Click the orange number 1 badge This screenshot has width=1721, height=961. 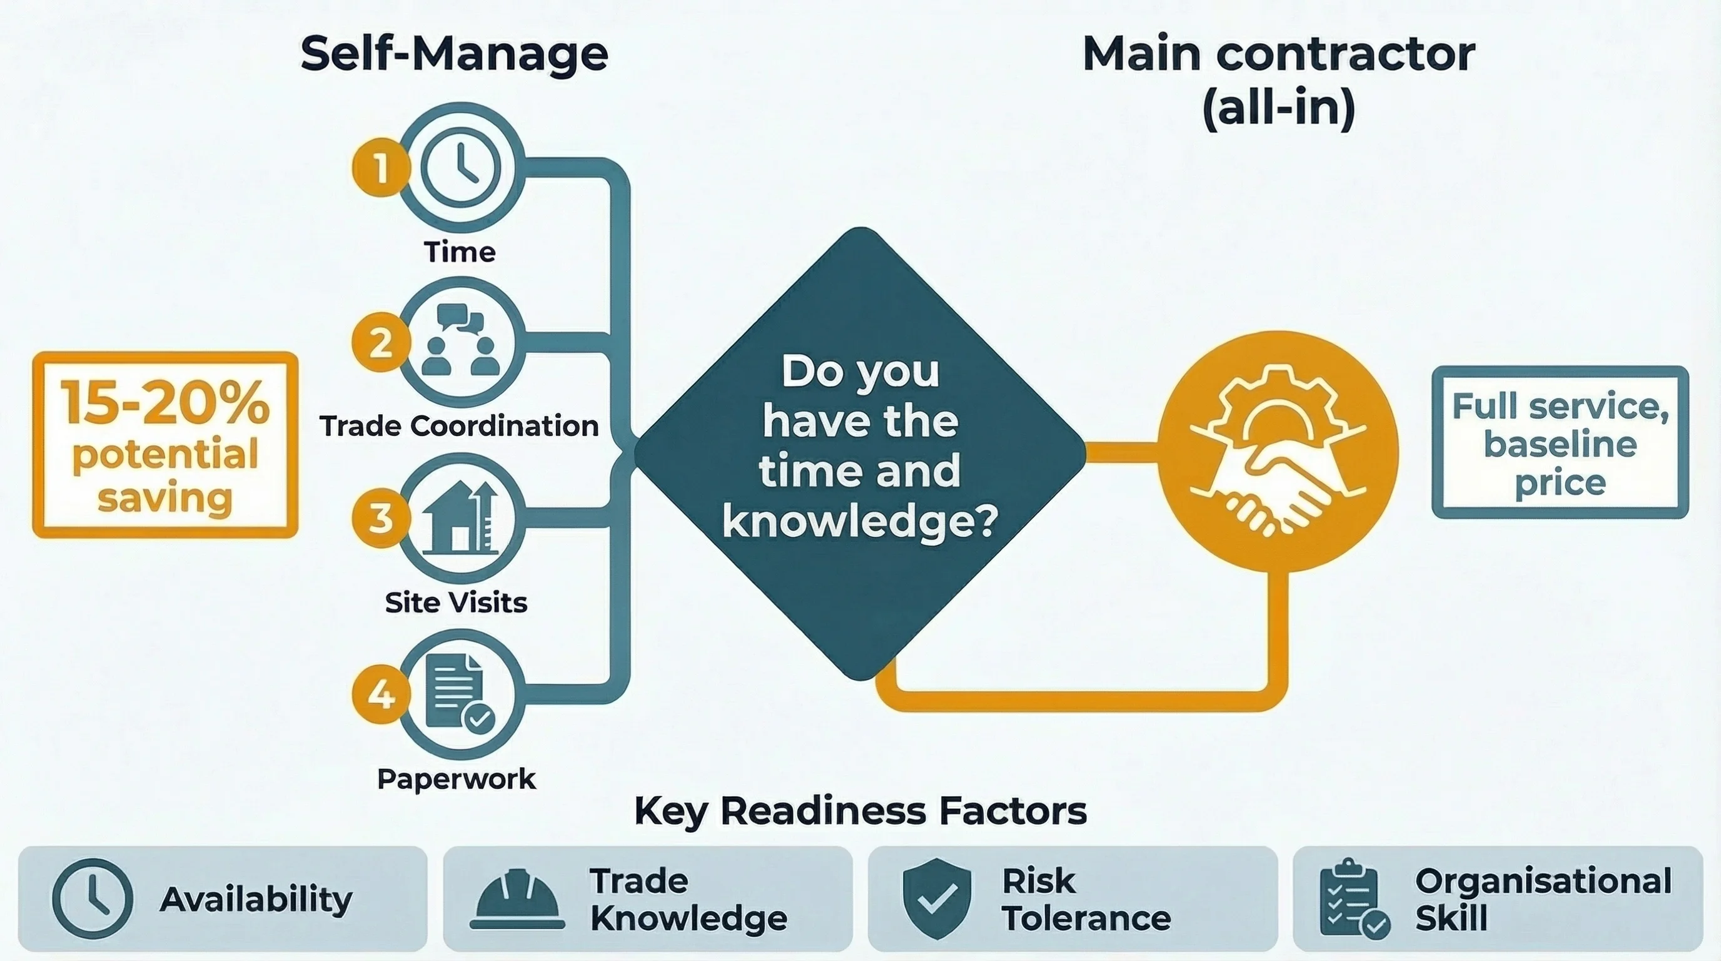[x=381, y=167]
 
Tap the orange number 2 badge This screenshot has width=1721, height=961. [x=381, y=343]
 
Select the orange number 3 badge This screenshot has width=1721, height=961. [x=381, y=518]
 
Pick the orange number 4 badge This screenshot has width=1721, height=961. [x=381, y=694]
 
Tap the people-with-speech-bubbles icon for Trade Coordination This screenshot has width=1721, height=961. [x=461, y=341]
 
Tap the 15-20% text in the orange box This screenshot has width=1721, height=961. [x=165, y=403]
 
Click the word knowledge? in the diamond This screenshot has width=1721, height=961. [x=860, y=521]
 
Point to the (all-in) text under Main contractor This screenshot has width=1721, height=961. [x=1278, y=108]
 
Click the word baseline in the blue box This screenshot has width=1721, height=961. [x=1560, y=444]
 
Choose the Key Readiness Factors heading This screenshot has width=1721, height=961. [x=860, y=811]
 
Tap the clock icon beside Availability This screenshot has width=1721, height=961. [x=92, y=899]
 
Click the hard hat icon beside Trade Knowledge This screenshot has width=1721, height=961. [x=517, y=900]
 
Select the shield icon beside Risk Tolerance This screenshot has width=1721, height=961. [x=937, y=898]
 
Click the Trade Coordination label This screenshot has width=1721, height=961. [x=459, y=426]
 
